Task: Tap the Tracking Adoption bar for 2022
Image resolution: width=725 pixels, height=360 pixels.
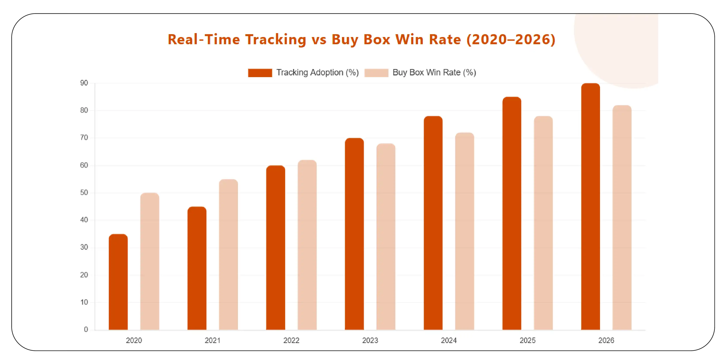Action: pyautogui.click(x=276, y=247)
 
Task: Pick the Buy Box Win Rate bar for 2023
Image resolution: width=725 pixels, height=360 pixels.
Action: pyautogui.click(x=386, y=237)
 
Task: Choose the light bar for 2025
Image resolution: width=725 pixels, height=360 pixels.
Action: pyautogui.click(x=543, y=223)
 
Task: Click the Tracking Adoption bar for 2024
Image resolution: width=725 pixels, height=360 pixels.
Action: pyautogui.click(x=433, y=223)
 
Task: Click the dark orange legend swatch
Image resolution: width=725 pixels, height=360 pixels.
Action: pyautogui.click(x=260, y=73)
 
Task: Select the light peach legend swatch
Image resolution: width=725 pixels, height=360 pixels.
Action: pyautogui.click(x=376, y=73)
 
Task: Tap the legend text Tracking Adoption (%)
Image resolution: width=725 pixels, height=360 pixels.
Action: pyautogui.click(x=317, y=73)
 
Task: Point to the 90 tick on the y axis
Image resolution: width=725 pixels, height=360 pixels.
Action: pyautogui.click(x=84, y=83)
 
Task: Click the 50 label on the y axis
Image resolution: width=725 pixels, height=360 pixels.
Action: pyautogui.click(x=84, y=193)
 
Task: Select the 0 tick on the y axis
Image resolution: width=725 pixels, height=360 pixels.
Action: pyautogui.click(x=86, y=329)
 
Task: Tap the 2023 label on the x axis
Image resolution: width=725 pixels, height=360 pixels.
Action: pyautogui.click(x=370, y=340)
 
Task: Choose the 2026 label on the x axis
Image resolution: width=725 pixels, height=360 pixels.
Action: pyautogui.click(x=606, y=340)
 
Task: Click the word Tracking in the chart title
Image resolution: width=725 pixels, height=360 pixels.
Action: pyautogui.click(x=276, y=39)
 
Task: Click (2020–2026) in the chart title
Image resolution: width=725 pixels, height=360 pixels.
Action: pyautogui.click(x=511, y=39)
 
